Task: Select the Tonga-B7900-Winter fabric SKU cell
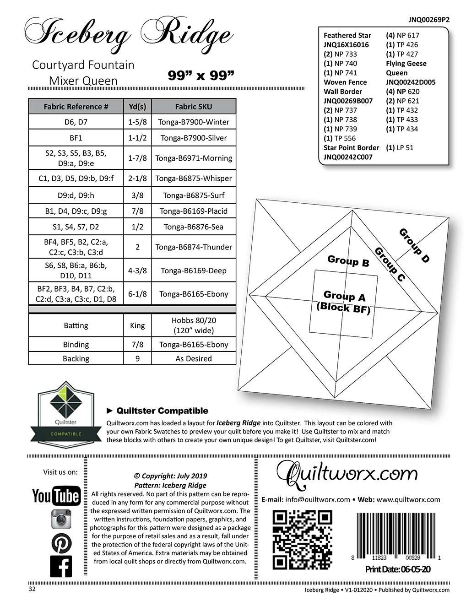point(194,122)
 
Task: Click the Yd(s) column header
point(137,107)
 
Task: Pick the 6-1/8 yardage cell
point(137,294)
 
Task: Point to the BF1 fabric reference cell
point(76,138)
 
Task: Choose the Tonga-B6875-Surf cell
point(194,195)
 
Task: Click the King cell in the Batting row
point(137,325)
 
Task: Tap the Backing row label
point(76,358)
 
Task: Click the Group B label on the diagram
point(348,261)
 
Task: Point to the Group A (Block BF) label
point(344,302)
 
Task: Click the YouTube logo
point(56,496)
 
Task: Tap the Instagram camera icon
point(60,520)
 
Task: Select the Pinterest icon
point(60,543)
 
